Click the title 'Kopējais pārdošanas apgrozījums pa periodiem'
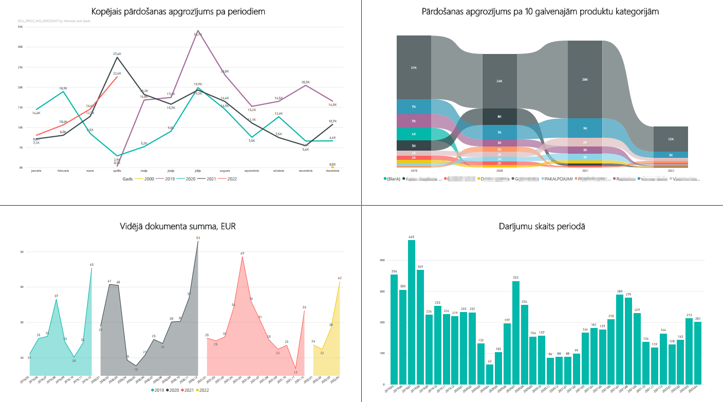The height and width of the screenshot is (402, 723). pyautogui.click(x=178, y=11)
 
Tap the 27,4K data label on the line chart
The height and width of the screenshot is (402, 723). pyautogui.click(x=117, y=53)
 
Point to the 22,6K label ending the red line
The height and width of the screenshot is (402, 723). pyautogui.click(x=117, y=74)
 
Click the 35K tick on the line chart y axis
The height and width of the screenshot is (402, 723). pyautogui.click(x=20, y=26)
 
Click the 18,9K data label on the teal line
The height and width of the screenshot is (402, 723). pyautogui.click(x=63, y=88)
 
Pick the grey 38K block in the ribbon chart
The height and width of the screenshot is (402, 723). pyautogui.click(x=585, y=80)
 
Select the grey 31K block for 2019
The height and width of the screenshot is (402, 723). pyautogui.click(x=414, y=68)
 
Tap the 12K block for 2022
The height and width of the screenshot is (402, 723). pyautogui.click(x=671, y=139)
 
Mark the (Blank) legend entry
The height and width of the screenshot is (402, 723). pyautogui.click(x=393, y=179)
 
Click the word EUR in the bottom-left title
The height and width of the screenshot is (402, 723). pyautogui.click(x=228, y=226)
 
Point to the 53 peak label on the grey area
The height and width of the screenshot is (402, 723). pyautogui.click(x=198, y=237)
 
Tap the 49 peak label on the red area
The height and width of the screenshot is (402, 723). pyautogui.click(x=242, y=253)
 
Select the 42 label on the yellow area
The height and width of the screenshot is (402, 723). pyautogui.click(x=340, y=278)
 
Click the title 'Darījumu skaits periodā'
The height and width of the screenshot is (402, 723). pyautogui.click(x=541, y=226)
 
